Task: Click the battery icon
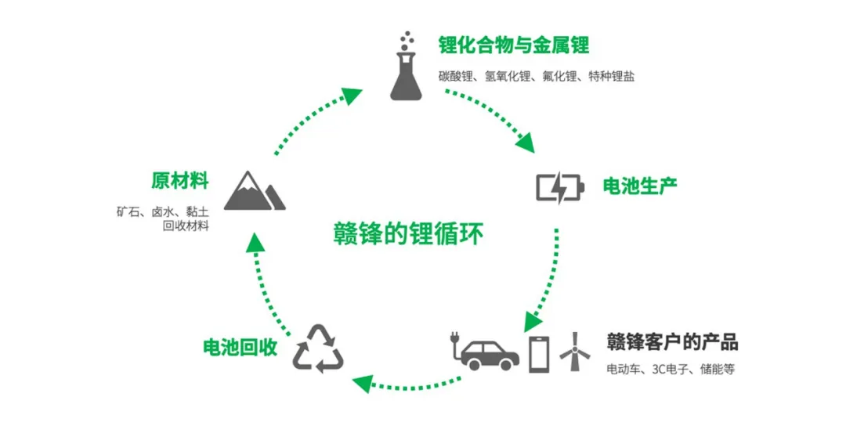point(560,188)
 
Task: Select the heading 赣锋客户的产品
point(672,342)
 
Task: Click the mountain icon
point(254,191)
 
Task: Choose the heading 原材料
point(181,182)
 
